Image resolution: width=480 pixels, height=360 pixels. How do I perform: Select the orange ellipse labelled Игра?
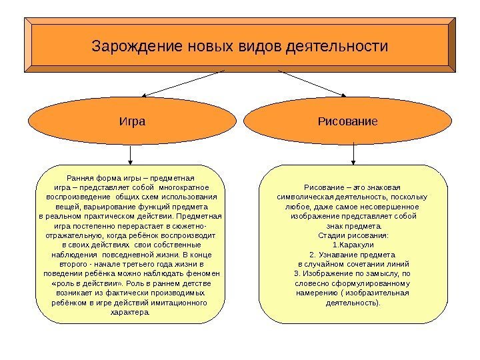(131, 122)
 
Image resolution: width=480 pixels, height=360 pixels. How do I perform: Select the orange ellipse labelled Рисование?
(353, 122)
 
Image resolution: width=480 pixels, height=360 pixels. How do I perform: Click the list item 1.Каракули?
(353, 245)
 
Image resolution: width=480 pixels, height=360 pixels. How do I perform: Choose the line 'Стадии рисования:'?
(353, 235)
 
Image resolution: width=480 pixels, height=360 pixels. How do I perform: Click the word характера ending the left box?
(130, 311)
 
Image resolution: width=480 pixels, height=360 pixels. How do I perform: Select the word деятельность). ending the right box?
(353, 302)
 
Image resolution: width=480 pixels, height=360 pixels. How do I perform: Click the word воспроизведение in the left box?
(77, 197)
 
